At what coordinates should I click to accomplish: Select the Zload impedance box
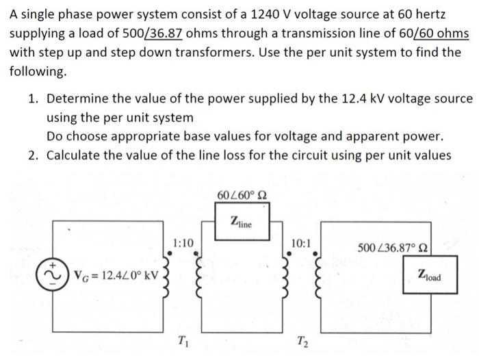[429, 277]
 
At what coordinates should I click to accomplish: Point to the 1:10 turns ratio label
[183, 242]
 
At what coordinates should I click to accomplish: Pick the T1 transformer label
[183, 341]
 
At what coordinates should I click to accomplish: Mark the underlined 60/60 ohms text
[435, 34]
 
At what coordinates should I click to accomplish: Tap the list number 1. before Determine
[34, 99]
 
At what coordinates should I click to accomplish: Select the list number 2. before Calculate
[34, 155]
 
